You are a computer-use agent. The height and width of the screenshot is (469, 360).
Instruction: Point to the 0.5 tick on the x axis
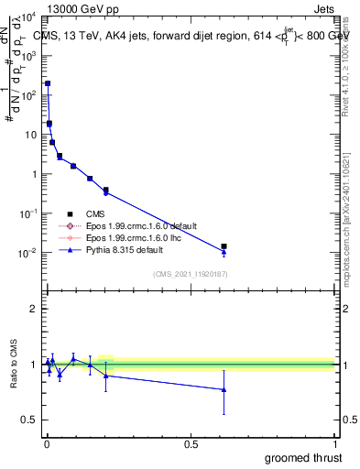point(191,442)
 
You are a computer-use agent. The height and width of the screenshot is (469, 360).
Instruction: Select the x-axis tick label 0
point(47,442)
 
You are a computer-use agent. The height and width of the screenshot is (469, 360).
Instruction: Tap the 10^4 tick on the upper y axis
point(28,16)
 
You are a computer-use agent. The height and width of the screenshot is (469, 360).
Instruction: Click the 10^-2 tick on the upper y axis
point(28,253)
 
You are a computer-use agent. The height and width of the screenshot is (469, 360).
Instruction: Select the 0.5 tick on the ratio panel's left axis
point(28,420)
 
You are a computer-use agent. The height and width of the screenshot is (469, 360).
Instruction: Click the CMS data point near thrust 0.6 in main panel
point(224,246)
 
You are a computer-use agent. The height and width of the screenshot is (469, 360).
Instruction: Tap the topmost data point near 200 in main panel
point(48,83)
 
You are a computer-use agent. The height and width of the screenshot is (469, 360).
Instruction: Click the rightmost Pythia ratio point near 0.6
point(224,389)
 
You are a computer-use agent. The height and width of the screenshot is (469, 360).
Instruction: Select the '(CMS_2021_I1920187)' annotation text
point(191,273)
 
